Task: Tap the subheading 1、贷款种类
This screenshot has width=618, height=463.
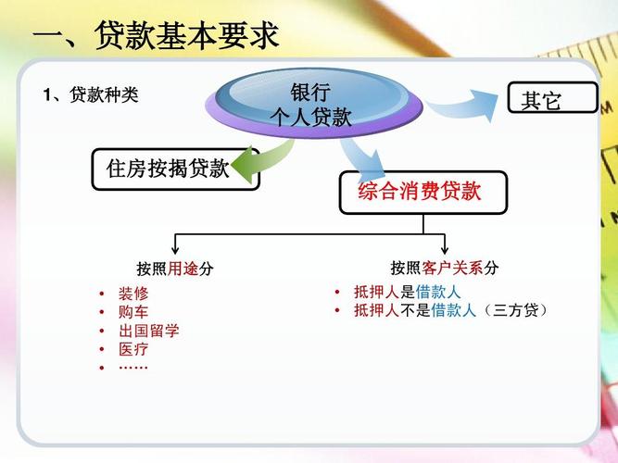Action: (90, 95)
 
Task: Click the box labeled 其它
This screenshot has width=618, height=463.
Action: (552, 99)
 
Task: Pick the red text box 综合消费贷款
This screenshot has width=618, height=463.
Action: (422, 193)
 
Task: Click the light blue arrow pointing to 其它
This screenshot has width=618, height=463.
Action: (463, 104)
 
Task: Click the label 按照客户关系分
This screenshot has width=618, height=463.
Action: (444, 268)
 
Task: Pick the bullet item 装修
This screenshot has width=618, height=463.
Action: (133, 294)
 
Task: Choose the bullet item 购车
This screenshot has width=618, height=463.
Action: (133, 312)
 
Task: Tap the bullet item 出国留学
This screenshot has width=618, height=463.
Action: (148, 331)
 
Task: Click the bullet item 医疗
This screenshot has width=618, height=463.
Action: (133, 349)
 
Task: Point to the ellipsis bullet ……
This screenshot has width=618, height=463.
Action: (132, 368)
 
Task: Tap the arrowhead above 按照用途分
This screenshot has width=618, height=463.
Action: (175, 250)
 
